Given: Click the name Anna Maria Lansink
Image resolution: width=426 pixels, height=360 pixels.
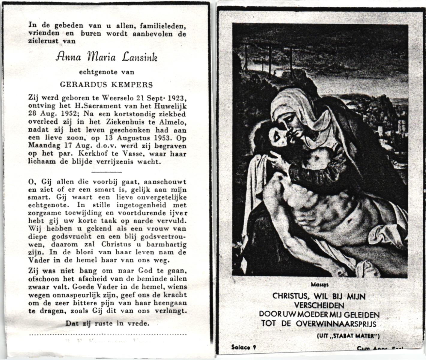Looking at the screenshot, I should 106,57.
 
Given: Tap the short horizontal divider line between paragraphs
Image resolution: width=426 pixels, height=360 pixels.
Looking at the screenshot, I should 106,172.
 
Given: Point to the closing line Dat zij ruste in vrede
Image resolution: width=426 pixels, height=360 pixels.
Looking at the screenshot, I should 107,323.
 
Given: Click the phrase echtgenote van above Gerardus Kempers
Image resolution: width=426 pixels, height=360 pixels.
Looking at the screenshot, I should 106,72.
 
